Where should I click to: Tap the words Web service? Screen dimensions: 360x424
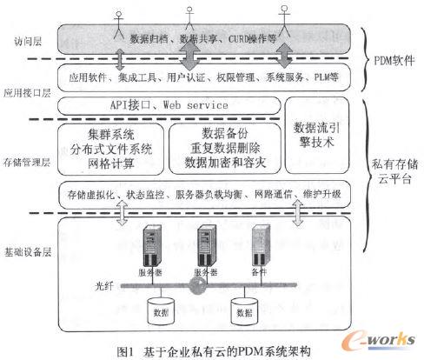pyautogui.click(x=195, y=104)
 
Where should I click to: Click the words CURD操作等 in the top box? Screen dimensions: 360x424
pyautogui.click(x=248, y=37)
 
